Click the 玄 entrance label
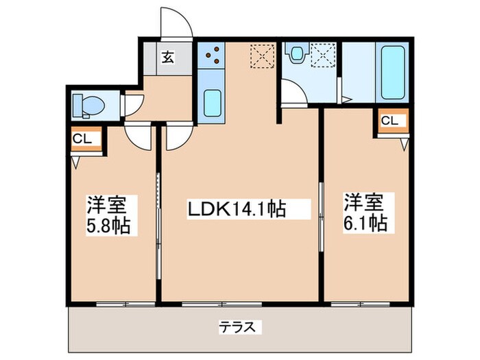(x=167, y=58)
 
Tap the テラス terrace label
(x=240, y=327)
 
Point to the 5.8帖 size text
(x=108, y=224)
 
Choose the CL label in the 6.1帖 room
(x=389, y=121)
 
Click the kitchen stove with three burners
(x=211, y=56)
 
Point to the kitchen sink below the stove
(x=212, y=102)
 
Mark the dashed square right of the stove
(x=261, y=55)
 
